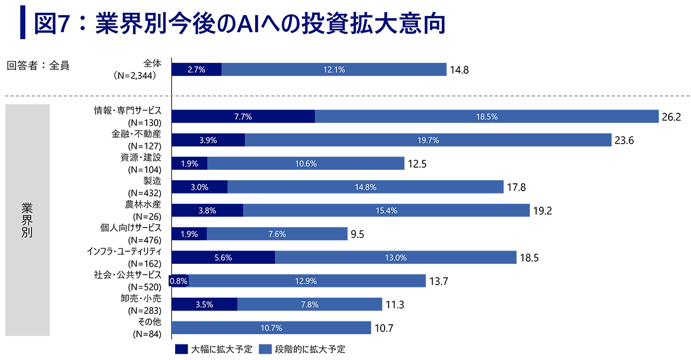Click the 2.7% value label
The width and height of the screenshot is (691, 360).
coord(196,70)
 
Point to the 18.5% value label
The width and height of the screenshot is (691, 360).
coord(487,116)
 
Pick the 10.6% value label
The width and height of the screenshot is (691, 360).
coord(305,164)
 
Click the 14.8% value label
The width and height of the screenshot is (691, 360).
coord(366,187)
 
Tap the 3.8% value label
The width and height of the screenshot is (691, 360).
coord(206,211)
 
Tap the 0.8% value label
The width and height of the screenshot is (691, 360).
coord(179,282)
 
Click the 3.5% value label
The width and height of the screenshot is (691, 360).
coord(204,305)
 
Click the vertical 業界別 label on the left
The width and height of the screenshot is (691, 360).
coord(27,220)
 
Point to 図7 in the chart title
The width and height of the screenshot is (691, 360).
coord(52,24)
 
